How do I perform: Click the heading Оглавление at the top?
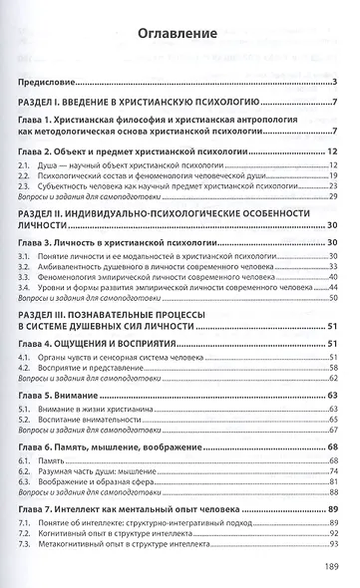pyautogui.click(x=179, y=36)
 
